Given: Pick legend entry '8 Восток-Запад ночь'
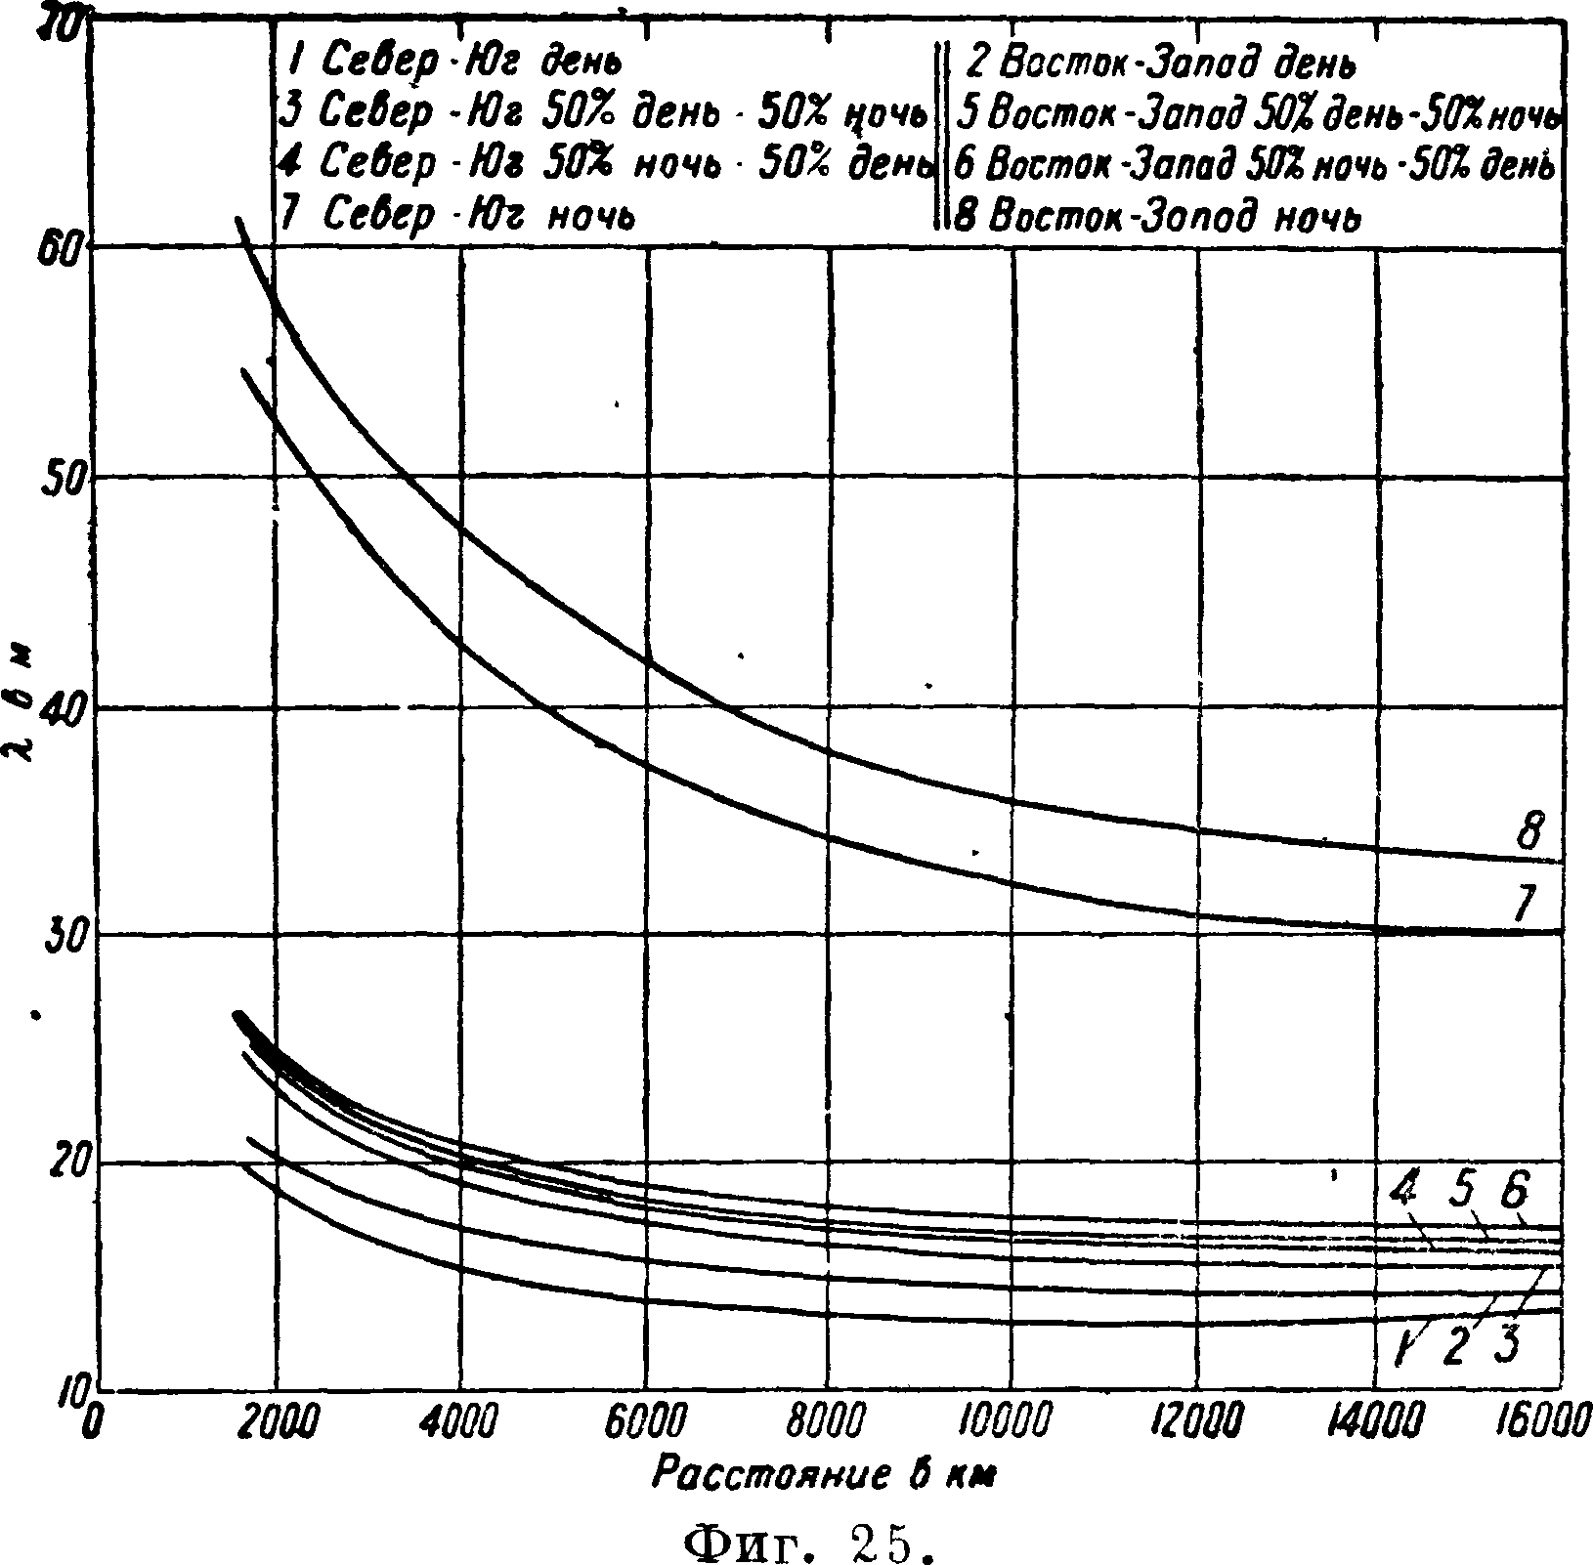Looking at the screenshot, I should click(x=1157, y=216).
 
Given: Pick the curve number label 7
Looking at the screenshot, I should click(x=1525, y=904).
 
